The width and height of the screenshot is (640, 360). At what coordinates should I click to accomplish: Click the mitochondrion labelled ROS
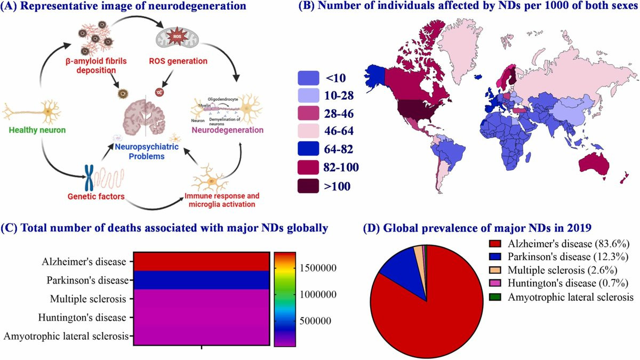pyautogui.click(x=175, y=39)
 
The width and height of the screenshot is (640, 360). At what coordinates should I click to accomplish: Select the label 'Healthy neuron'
pyautogui.click(x=34, y=130)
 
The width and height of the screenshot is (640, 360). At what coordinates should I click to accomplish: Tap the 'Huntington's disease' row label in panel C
pyautogui.click(x=82, y=318)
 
